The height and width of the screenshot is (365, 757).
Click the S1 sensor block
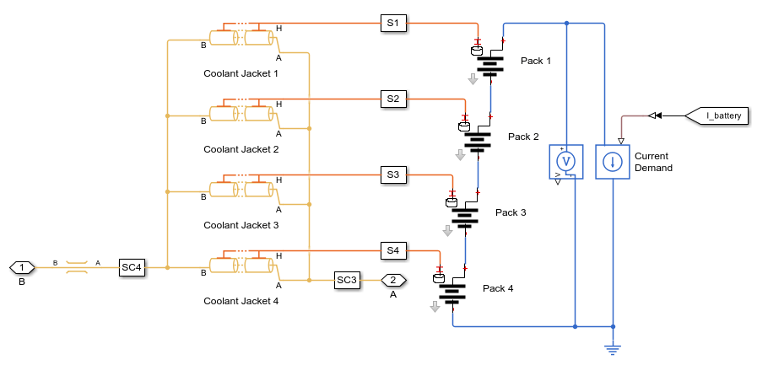[392, 24]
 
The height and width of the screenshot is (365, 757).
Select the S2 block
[392, 99]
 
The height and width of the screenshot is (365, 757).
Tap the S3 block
[392, 174]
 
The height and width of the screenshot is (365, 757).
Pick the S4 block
[392, 250]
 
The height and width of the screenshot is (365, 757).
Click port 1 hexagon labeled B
[22, 267]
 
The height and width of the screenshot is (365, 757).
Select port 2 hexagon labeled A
[393, 280]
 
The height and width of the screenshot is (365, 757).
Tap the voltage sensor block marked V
[566, 160]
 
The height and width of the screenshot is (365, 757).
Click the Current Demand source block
[613, 160]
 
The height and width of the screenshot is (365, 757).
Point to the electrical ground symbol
[613, 347]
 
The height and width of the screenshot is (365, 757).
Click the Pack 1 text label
[535, 61]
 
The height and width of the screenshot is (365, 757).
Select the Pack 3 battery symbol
[465, 216]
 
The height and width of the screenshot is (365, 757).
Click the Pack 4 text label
[498, 288]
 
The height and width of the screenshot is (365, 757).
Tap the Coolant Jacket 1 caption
[241, 73]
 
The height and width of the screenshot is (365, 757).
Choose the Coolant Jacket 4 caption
[241, 301]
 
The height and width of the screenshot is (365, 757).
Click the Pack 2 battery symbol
[478, 140]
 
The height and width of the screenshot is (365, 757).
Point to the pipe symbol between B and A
[77, 267]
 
